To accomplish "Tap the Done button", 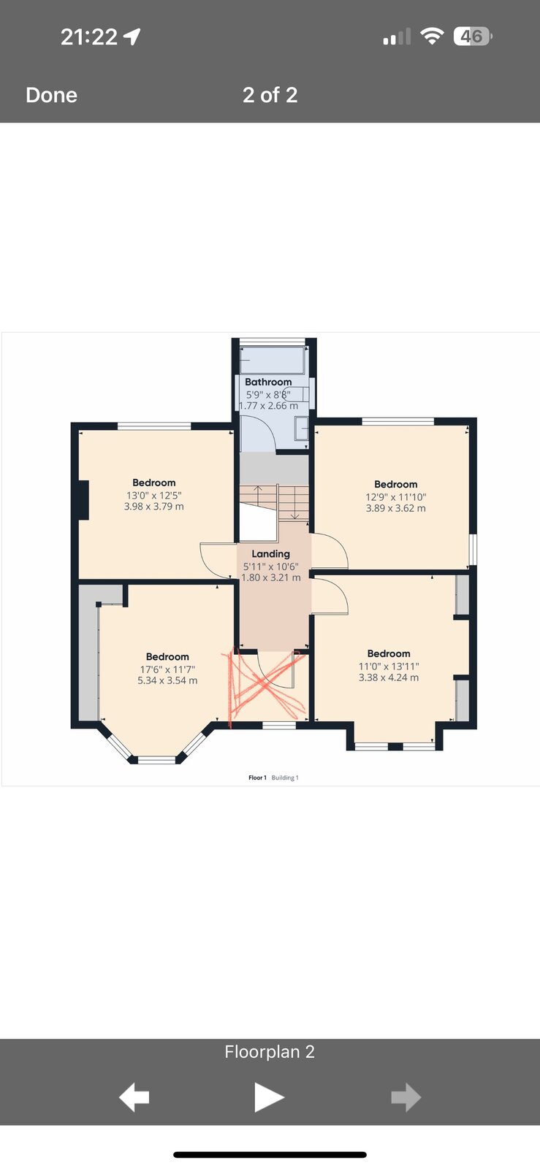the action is [51, 95].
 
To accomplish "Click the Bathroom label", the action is [268, 382].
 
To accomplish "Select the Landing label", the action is [270, 554].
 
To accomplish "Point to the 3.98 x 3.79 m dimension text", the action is [154, 507].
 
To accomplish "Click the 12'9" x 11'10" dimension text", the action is [395, 497].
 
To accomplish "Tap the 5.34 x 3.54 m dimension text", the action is [167, 680].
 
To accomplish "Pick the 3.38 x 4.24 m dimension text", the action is [389, 677].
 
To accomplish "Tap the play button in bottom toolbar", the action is [269, 1097].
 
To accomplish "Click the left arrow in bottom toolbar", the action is [134, 1097].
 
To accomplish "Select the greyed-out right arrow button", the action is [406, 1097].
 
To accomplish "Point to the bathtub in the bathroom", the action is [272, 360].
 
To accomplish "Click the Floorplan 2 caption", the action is [270, 1052].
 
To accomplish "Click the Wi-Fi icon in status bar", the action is [432, 36].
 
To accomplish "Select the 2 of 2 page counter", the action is [270, 95].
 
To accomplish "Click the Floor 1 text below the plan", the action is [257, 777].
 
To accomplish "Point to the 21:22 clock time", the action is [88, 36].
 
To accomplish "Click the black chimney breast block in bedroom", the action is [83, 499].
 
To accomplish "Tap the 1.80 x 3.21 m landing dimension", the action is [271, 577].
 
